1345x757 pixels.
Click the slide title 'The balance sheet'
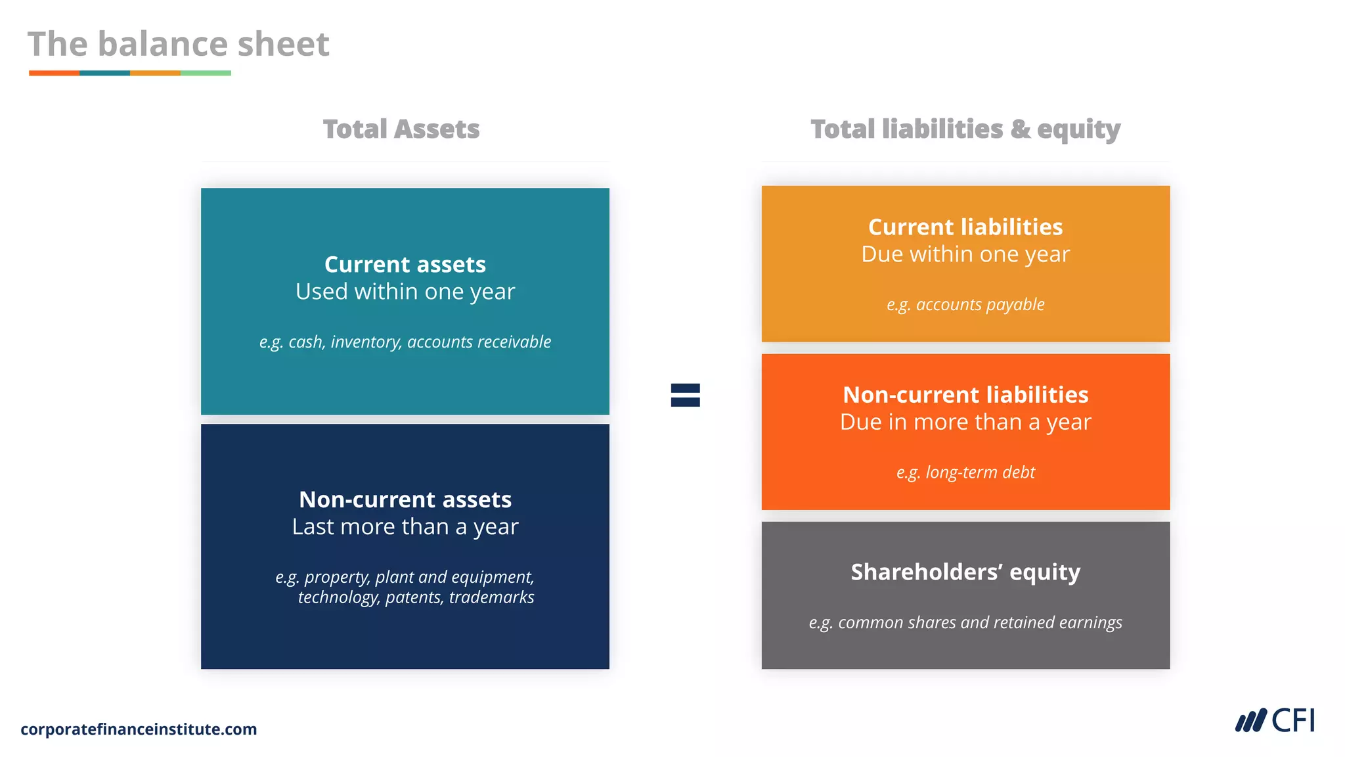[x=178, y=44]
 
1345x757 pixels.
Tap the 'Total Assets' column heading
[x=401, y=129]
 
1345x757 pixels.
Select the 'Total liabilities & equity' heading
[x=965, y=129]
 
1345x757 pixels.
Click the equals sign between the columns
[x=685, y=395]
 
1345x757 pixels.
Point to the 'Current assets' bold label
[x=405, y=264]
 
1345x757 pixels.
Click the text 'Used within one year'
[x=405, y=291]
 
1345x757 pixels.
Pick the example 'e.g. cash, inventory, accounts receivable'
[x=405, y=342]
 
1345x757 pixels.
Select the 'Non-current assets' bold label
[x=405, y=499]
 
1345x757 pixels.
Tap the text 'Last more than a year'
[x=405, y=526]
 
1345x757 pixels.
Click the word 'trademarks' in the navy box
[x=491, y=597]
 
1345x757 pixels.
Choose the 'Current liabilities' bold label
[x=965, y=227]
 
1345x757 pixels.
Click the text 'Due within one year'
[x=965, y=254]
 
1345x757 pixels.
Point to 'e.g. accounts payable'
[x=965, y=304]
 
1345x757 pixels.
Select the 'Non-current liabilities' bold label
[x=965, y=394]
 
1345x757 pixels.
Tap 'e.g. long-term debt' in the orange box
[x=965, y=472]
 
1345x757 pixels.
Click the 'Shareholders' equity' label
[x=965, y=572]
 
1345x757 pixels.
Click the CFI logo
[x=1275, y=721]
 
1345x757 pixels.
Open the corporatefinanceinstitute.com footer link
[x=139, y=729]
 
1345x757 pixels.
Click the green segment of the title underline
[x=206, y=73]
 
